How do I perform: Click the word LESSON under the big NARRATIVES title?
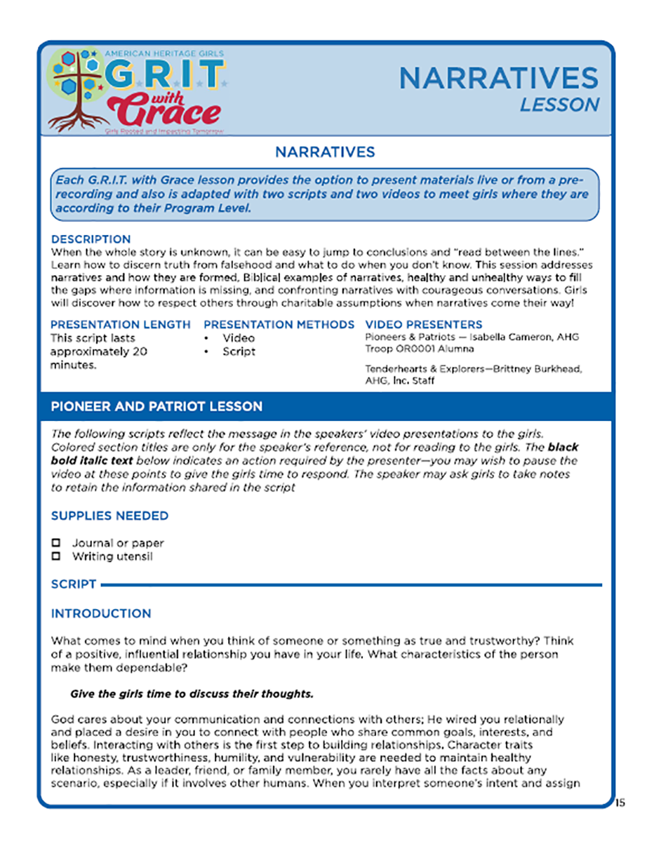point(559,105)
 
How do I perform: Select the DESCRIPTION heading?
point(91,239)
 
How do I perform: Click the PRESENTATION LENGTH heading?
point(120,324)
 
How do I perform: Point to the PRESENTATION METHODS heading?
point(279,324)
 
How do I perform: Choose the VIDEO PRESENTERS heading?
point(424,324)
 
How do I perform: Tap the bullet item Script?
point(239,352)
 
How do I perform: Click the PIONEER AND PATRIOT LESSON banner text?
point(156,406)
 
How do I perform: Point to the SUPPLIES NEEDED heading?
point(109,516)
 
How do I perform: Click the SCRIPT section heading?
point(74,584)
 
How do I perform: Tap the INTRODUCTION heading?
point(100,613)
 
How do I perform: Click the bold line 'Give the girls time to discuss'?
point(191,694)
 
